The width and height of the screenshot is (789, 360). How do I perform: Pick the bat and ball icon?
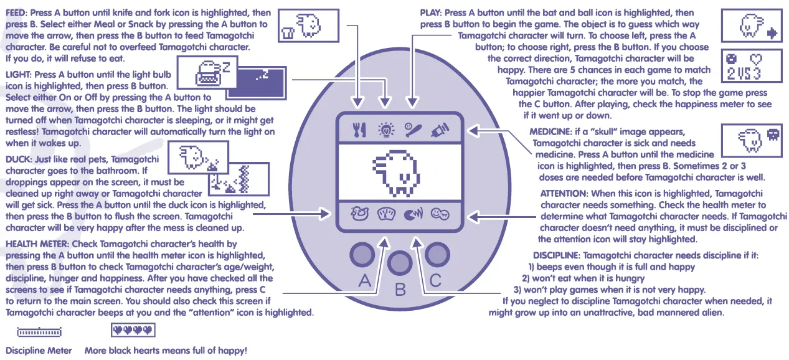click(412, 130)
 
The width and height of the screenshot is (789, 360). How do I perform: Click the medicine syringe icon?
click(439, 130)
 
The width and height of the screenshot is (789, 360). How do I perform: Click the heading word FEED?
click(17, 13)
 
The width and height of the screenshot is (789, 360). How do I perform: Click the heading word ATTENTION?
click(564, 194)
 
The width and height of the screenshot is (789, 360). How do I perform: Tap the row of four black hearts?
click(132, 329)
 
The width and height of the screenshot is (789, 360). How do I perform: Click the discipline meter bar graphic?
click(39, 330)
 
